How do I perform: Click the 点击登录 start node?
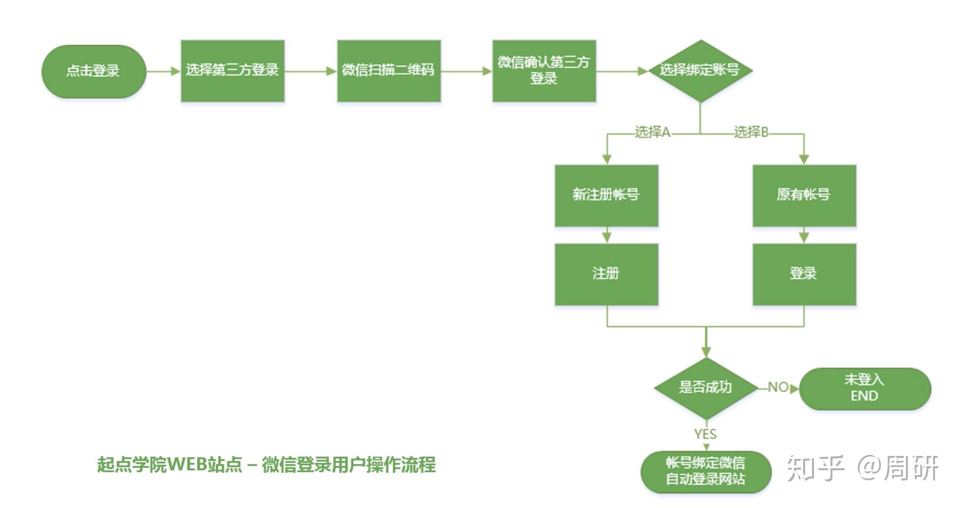pyautogui.click(x=93, y=71)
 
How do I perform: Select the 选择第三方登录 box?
pyautogui.click(x=233, y=71)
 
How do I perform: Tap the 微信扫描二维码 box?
pyautogui.click(x=389, y=71)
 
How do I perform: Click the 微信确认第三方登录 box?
pyautogui.click(x=544, y=71)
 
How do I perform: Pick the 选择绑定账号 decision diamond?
pyautogui.click(x=700, y=71)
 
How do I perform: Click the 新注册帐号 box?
pyautogui.click(x=606, y=196)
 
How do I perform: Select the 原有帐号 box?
pyautogui.click(x=804, y=196)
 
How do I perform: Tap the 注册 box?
pyautogui.click(x=606, y=274)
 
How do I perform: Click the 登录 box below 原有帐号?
pyautogui.click(x=804, y=274)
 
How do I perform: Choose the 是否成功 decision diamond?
pyautogui.click(x=706, y=388)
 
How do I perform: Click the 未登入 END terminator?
pyautogui.click(x=865, y=388)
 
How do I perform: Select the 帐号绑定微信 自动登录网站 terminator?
pyautogui.click(x=706, y=471)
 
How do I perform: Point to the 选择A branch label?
pyautogui.click(x=652, y=132)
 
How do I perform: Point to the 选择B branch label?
pyautogui.click(x=751, y=132)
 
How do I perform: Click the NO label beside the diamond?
pyautogui.click(x=778, y=388)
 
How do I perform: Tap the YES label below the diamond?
pyautogui.click(x=705, y=434)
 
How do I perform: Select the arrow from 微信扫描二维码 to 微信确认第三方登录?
pyautogui.click(x=466, y=71)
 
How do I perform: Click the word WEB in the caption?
pyautogui.click(x=186, y=464)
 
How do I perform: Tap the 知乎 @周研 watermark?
pyautogui.click(x=862, y=468)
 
